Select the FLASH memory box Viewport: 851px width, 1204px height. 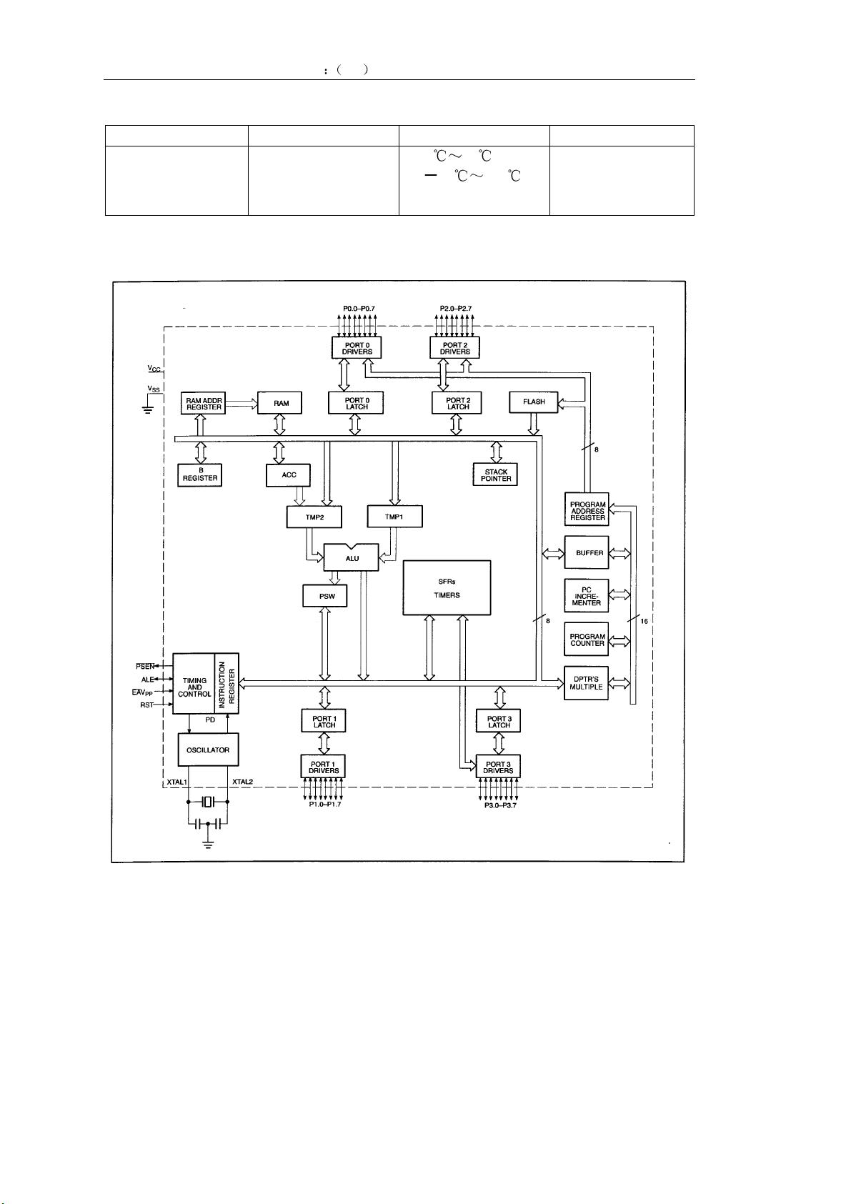(x=534, y=402)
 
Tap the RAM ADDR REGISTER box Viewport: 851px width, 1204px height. (x=203, y=403)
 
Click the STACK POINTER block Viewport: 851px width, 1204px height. (x=496, y=474)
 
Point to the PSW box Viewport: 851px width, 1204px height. (x=324, y=596)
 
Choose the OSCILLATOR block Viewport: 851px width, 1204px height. (x=208, y=750)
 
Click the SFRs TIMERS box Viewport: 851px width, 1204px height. (x=447, y=587)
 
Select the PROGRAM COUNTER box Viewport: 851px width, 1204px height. (x=587, y=640)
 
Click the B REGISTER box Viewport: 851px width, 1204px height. (x=200, y=474)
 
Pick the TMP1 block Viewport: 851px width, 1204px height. (x=394, y=516)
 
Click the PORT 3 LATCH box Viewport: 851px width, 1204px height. (x=499, y=721)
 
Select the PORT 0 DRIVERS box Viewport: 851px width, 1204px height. (x=357, y=348)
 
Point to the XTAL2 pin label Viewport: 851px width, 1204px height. (x=242, y=782)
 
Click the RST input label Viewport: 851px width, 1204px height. (x=146, y=705)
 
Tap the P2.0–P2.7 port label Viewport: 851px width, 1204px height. (x=455, y=309)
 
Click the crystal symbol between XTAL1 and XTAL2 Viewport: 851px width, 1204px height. (x=208, y=802)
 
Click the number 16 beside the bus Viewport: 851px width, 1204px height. (x=644, y=621)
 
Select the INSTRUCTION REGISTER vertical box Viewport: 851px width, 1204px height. (x=227, y=683)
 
